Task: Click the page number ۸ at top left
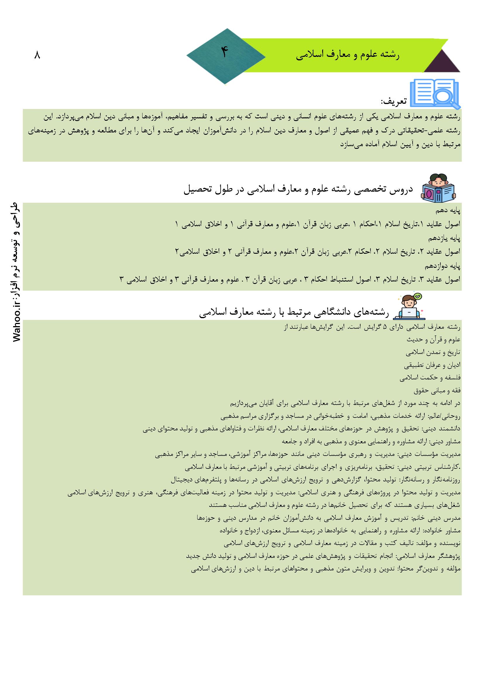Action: click(x=37, y=55)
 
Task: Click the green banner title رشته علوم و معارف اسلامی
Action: click(x=348, y=56)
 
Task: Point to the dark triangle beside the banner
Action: click(x=442, y=62)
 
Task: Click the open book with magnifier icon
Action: click(x=435, y=93)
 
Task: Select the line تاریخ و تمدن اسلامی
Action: click(x=433, y=352)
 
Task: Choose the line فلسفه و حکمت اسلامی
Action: click(x=430, y=378)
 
